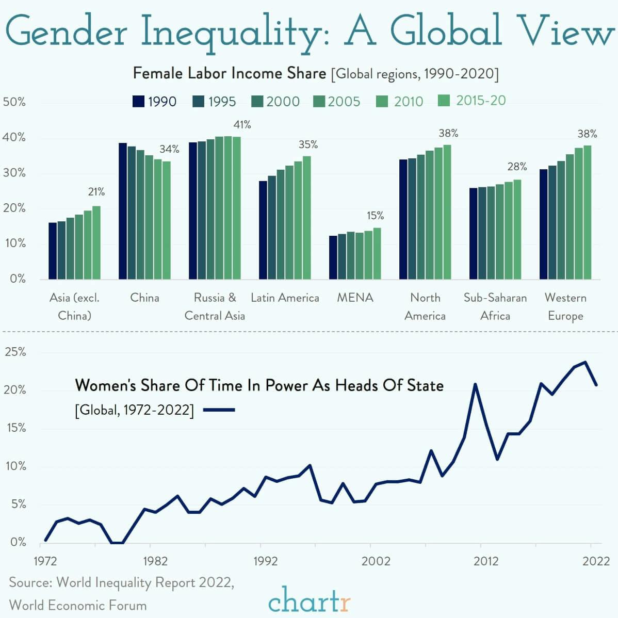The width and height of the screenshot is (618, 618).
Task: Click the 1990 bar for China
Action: pos(123,211)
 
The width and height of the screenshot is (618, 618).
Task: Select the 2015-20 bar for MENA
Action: pos(377,253)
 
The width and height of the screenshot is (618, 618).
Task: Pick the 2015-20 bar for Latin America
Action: pos(307,217)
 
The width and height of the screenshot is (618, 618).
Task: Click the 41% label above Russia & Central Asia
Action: pos(242,125)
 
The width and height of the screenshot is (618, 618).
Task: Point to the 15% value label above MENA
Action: pos(375,216)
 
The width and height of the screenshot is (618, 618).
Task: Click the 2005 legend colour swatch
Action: pos(319,101)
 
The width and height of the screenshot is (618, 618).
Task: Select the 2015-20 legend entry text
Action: pos(480,100)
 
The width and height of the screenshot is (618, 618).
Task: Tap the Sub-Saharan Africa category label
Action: pos(495,306)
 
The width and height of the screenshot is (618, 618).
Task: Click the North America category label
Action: pos(425,306)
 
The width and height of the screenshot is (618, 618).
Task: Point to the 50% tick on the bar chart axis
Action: pos(14,102)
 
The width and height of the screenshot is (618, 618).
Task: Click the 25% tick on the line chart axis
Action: pos(15,352)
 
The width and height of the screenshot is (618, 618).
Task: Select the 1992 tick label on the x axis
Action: pos(266,561)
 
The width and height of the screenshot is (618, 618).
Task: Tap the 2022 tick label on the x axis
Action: pos(596,561)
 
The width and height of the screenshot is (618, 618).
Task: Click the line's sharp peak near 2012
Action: pos(475,384)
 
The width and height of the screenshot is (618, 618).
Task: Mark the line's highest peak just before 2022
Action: pos(585,362)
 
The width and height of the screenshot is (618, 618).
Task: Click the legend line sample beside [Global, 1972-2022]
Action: pos(219,410)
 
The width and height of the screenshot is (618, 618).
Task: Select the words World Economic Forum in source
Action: pos(78,605)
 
